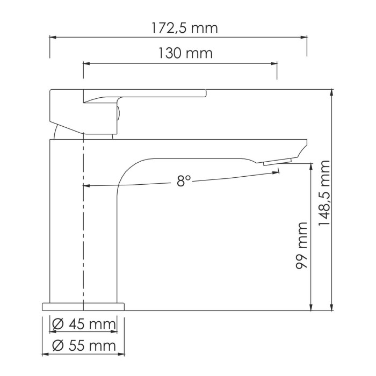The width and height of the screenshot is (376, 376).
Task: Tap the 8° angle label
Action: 184,182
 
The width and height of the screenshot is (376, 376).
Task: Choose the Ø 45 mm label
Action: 84,324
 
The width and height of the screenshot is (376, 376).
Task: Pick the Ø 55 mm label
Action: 84,345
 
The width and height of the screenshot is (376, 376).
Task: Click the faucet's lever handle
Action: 145,95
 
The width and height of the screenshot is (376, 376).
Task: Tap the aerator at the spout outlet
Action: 277,162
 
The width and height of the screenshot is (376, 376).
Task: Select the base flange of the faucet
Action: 83,307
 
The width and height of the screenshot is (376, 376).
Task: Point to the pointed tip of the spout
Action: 307,142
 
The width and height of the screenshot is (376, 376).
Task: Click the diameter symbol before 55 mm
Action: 57,345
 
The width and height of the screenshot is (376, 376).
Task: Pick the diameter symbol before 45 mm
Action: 57,324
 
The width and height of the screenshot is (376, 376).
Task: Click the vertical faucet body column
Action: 67,226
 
